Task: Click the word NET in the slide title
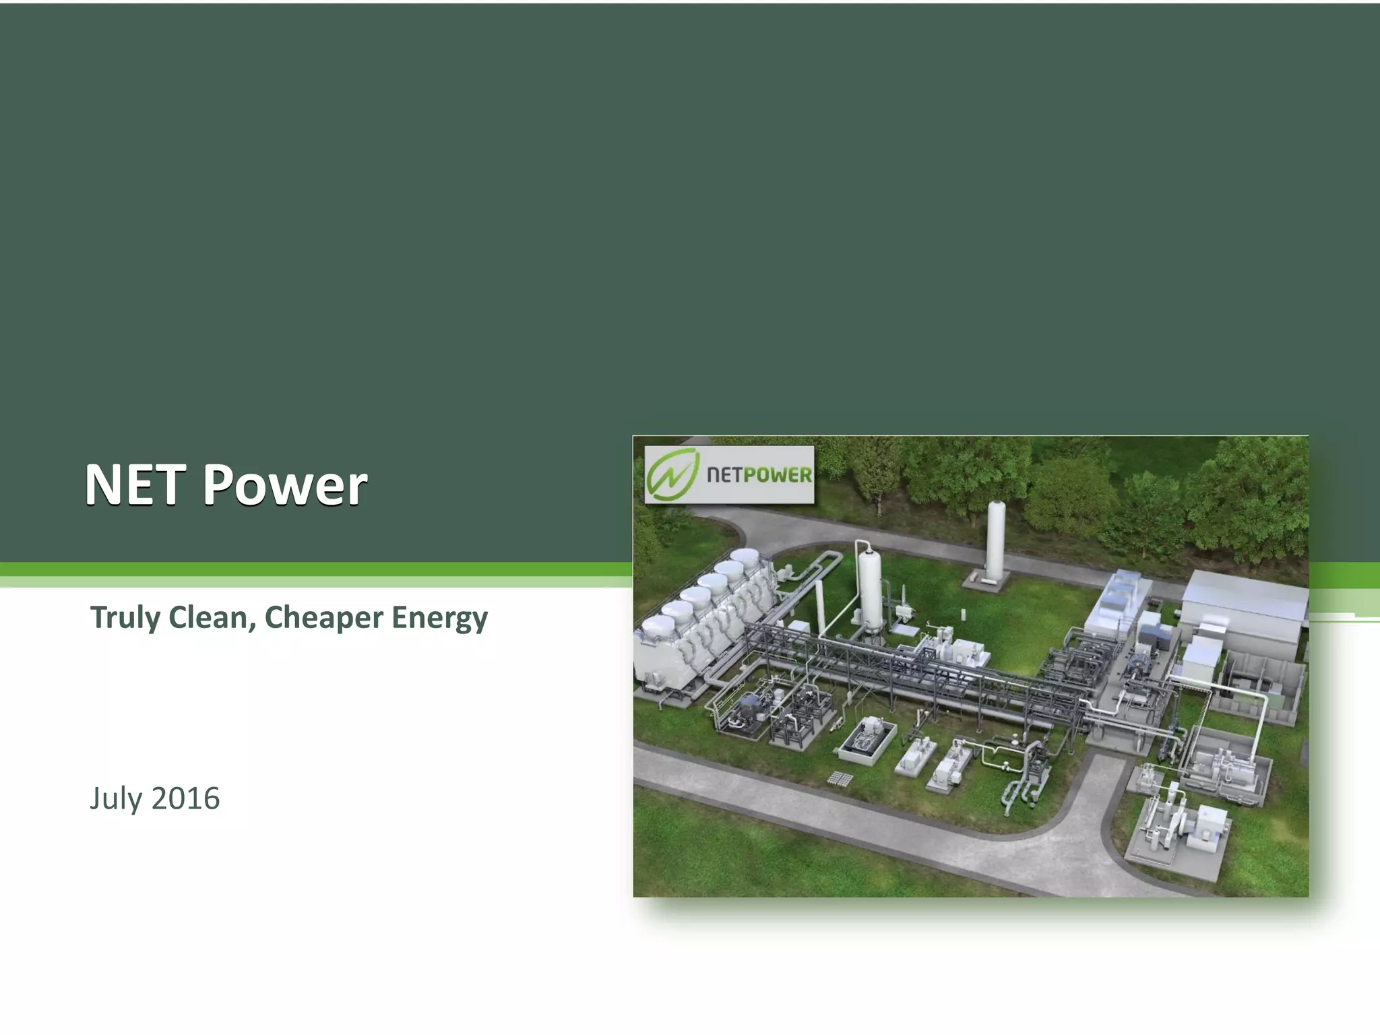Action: pos(135,484)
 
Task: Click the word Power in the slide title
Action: pos(285,484)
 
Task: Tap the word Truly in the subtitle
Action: pos(125,618)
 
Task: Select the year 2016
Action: pos(186,798)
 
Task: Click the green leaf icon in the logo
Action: pos(671,473)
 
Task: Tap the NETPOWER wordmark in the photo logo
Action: pos(759,475)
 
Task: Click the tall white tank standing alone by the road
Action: pos(995,542)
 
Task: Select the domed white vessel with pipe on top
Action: pos(869,586)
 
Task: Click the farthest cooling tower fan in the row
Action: pos(746,556)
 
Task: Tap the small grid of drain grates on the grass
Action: pos(840,779)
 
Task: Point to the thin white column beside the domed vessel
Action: pos(820,606)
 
